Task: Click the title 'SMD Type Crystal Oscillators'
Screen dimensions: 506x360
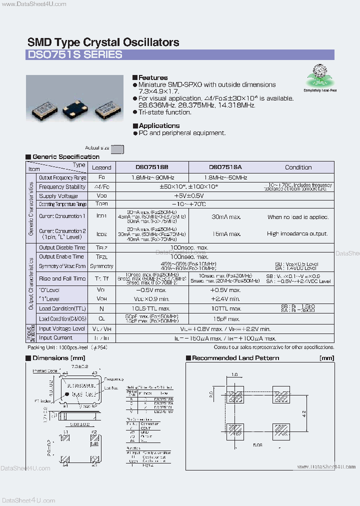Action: [103, 42]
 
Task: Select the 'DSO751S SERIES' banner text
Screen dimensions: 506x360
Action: [74, 54]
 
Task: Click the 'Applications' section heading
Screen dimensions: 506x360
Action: [158, 125]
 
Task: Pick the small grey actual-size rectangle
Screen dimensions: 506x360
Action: [117, 148]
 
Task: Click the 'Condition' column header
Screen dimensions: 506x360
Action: [298, 167]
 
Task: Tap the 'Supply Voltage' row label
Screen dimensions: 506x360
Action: [58, 196]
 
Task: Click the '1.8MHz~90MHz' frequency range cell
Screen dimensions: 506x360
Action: [152, 177]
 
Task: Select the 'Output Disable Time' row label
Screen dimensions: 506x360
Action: [62, 247]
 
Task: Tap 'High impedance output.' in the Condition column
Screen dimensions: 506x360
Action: [297, 233]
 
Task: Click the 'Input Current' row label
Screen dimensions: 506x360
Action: [55, 338]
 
